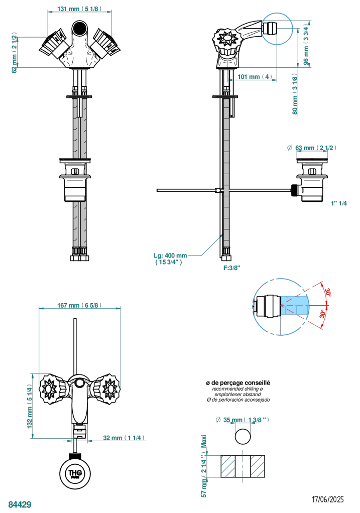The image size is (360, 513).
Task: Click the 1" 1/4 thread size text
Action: (x=339, y=203)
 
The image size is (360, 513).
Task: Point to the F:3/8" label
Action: (x=232, y=268)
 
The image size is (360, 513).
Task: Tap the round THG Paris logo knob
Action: (x=77, y=473)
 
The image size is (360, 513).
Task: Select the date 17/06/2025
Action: (x=328, y=499)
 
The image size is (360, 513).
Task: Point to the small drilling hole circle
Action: (x=243, y=436)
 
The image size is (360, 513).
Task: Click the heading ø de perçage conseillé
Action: (x=238, y=383)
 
